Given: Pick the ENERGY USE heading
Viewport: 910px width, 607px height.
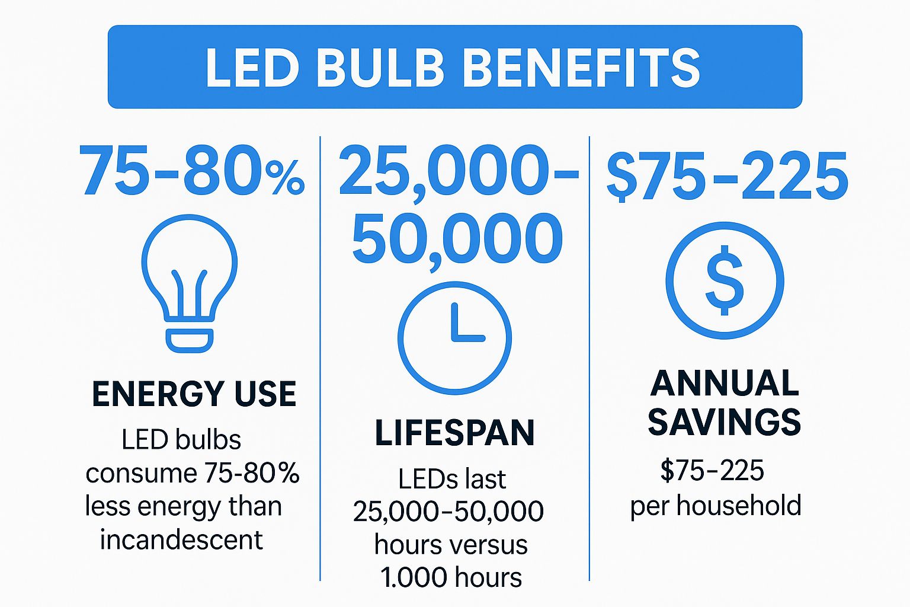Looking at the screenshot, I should (194, 394).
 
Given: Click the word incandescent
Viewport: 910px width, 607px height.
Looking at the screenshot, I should (181, 539).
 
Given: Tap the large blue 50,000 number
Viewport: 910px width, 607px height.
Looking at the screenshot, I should (457, 240).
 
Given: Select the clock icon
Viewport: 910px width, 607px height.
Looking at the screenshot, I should (454, 338).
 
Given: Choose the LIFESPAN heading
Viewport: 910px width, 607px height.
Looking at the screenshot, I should (454, 433).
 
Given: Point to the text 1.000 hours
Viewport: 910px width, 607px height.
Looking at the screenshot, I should (451, 577).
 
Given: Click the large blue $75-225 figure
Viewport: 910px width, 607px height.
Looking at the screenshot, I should (727, 176).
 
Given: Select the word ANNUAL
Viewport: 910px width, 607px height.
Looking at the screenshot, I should (725, 384).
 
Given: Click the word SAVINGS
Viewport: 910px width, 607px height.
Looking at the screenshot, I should (724, 421).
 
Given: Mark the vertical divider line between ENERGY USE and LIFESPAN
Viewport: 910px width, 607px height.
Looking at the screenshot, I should (320, 356).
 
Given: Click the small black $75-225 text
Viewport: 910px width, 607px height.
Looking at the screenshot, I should (713, 471).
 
